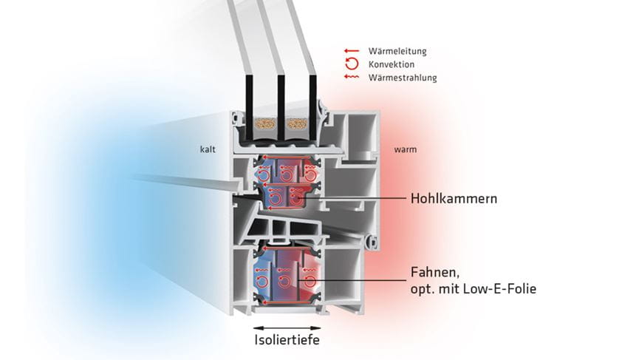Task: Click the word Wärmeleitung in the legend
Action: click(x=397, y=52)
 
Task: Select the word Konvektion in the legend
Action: click(x=392, y=64)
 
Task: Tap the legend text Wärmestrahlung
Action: click(x=403, y=77)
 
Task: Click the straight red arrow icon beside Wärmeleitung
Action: click(x=351, y=52)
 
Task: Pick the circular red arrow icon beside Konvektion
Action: click(x=351, y=64)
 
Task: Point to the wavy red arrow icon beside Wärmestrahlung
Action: click(x=351, y=77)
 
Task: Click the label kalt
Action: click(x=207, y=149)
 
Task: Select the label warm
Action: click(x=406, y=149)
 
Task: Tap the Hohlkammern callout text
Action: click(x=453, y=199)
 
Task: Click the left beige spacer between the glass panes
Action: click(x=265, y=123)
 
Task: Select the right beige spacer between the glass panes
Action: click(x=298, y=123)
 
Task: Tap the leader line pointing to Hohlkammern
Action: click(x=355, y=199)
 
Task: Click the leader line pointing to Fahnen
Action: click(x=362, y=280)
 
